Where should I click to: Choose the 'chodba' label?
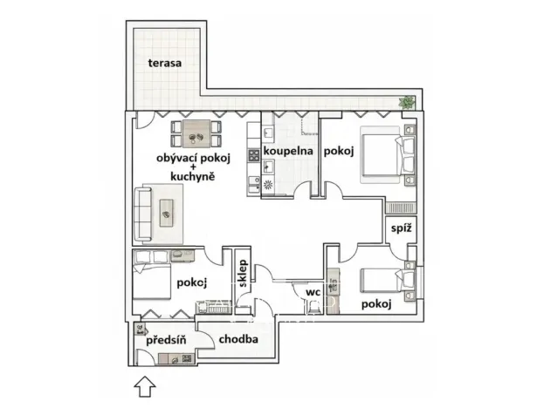tap(238, 340)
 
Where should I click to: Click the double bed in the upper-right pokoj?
tap(385, 156)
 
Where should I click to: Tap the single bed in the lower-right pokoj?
tap(385, 282)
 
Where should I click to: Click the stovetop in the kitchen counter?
tap(254, 156)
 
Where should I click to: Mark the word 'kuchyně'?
tap(193, 174)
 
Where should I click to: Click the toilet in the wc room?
tap(313, 306)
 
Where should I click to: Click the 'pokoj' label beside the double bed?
tap(338, 152)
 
